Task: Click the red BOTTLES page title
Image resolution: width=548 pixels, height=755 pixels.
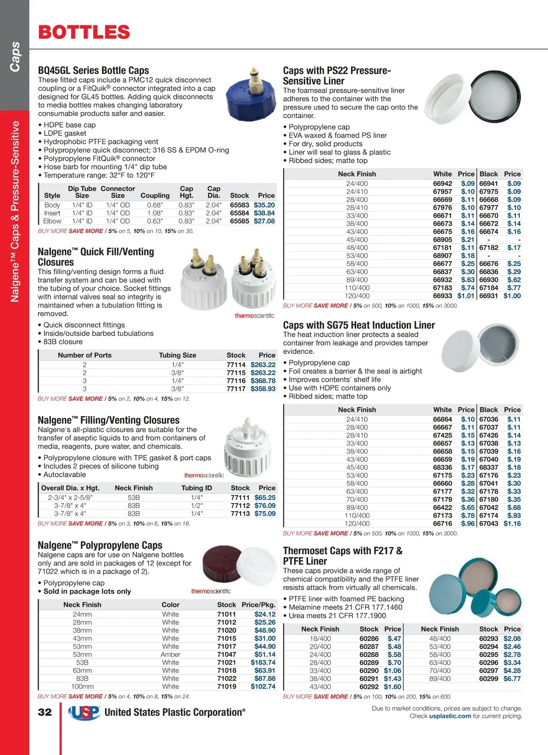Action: point(84,32)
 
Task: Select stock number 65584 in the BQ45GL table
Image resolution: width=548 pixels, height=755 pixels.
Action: point(239,213)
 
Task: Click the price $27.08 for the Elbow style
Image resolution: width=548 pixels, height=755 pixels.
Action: point(264,221)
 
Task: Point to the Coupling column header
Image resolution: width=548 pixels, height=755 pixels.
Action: point(155,195)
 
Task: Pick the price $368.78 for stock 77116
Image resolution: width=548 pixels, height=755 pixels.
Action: point(263,381)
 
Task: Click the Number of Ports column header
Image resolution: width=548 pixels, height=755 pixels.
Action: point(84,355)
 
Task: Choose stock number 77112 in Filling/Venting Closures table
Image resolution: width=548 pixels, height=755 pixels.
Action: point(240,505)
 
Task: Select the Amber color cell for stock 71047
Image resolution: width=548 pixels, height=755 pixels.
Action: point(170,655)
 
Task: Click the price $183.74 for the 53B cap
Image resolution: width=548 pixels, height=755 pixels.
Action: point(263,662)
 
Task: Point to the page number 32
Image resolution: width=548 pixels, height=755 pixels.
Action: point(45,712)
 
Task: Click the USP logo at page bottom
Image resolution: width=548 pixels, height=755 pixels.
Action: point(84,713)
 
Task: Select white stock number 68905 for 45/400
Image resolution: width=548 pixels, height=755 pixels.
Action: point(443,240)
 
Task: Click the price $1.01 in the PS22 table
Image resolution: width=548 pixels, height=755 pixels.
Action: point(466,296)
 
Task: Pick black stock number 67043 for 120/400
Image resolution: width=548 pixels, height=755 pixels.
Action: point(489,524)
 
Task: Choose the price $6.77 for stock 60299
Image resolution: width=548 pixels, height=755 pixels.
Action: point(512,679)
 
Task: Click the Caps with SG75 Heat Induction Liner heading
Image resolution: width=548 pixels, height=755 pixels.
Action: point(359,325)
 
